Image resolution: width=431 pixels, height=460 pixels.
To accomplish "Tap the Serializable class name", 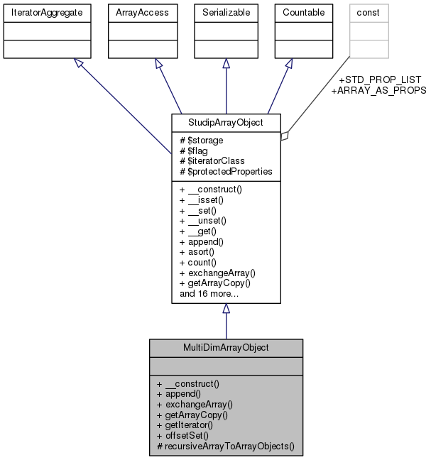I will click(x=226, y=13).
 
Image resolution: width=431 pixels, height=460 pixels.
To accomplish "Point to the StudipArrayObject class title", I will click(x=226, y=122).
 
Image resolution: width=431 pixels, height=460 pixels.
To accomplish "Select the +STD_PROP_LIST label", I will click(x=380, y=80).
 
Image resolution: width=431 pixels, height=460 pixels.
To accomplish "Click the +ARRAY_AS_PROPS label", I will click(x=378, y=90).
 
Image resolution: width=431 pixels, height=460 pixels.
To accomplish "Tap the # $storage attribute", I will click(x=202, y=141).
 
